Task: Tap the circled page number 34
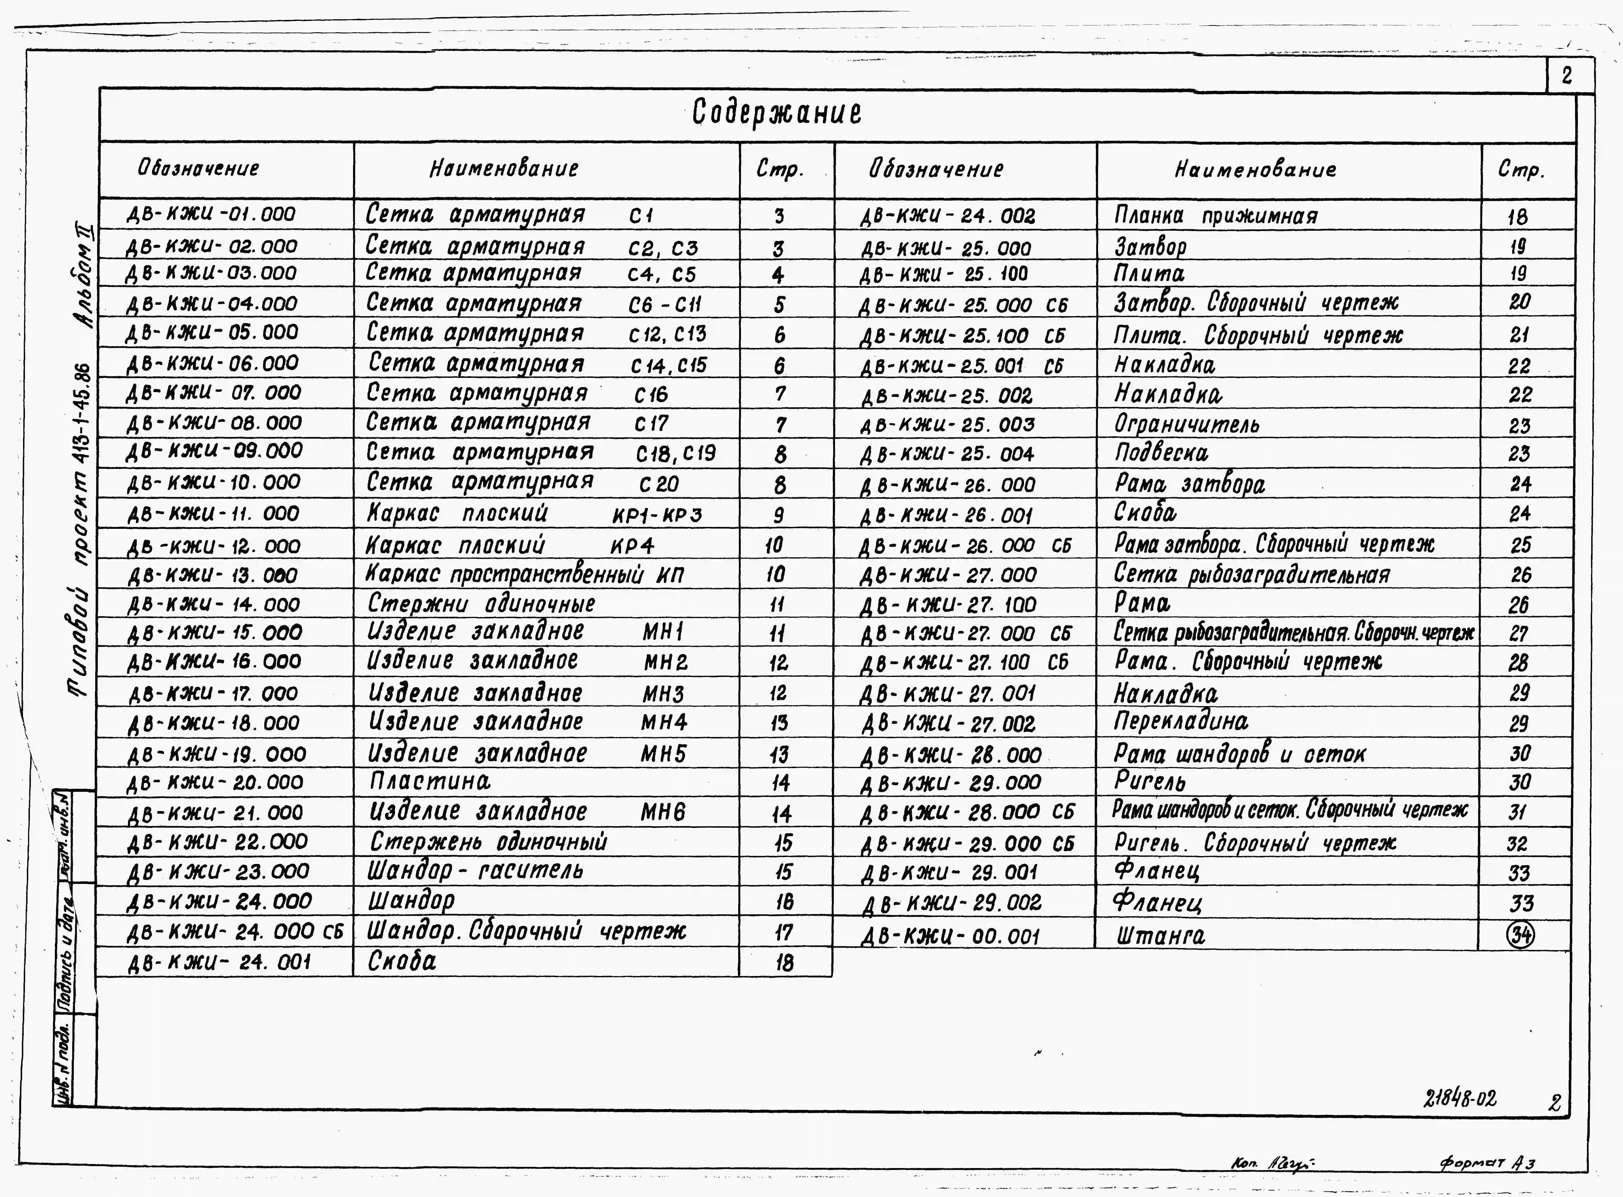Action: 1520,935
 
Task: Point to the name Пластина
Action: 430,781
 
